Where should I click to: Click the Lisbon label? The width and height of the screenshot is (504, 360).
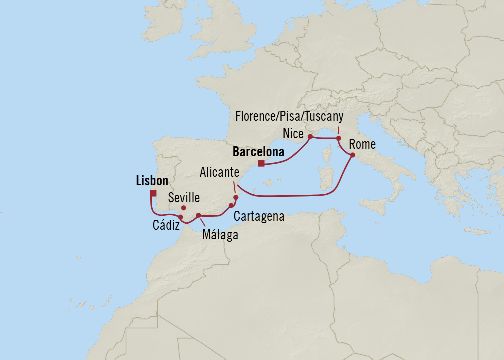[x=152, y=181]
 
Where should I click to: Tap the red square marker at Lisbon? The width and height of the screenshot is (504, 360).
[x=153, y=193]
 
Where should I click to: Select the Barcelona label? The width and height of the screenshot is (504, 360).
[x=258, y=151]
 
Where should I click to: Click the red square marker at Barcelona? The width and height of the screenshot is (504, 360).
[x=261, y=163]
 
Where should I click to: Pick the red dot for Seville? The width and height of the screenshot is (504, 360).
[x=184, y=208]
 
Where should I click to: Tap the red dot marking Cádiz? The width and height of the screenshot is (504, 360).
[x=181, y=217]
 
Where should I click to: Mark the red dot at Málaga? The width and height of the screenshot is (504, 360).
[x=198, y=215]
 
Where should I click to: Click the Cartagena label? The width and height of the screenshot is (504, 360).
[x=259, y=216]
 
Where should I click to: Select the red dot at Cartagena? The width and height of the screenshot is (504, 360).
[x=231, y=205]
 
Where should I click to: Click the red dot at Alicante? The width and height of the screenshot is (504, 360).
[x=236, y=197]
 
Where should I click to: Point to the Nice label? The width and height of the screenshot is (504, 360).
[x=293, y=133]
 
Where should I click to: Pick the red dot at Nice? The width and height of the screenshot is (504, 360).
[x=310, y=136]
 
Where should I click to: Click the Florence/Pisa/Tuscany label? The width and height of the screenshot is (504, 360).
[x=289, y=117]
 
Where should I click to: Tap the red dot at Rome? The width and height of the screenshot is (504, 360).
[x=352, y=155]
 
